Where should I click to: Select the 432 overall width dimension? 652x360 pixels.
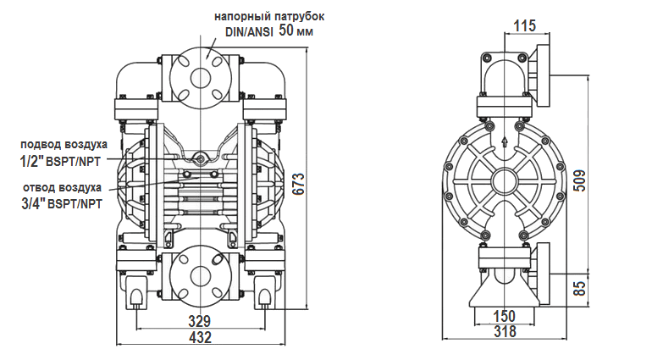coord(200,337)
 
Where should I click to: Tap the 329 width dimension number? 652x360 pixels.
coord(200,321)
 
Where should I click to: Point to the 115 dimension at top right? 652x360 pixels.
coord(525,26)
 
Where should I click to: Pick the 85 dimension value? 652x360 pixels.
coord(580,288)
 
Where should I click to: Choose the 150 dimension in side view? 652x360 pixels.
coord(505,316)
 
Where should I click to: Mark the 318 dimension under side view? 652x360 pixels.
coord(505,332)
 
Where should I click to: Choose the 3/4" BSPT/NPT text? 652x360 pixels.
coord(60,203)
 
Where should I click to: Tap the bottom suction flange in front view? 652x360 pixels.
coord(201,275)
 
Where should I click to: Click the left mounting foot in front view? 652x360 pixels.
coord(135,296)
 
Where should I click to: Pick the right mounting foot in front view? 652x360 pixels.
coord(265,296)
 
